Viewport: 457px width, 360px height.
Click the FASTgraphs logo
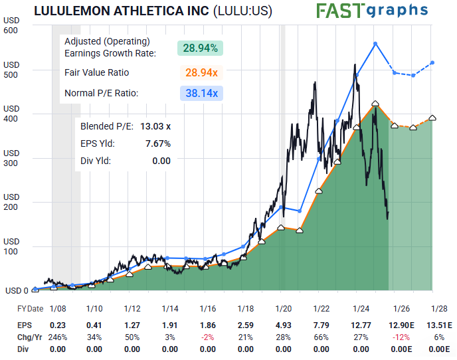pyautogui.click(x=372, y=11)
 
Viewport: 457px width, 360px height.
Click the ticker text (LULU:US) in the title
pyautogui.click(x=244, y=11)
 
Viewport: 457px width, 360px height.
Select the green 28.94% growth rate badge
pyautogui.click(x=200, y=48)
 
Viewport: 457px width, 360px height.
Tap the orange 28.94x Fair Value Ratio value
pyautogui.click(x=200, y=72)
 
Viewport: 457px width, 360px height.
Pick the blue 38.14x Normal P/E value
pyautogui.click(x=201, y=94)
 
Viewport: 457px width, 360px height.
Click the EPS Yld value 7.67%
pyautogui.click(x=158, y=143)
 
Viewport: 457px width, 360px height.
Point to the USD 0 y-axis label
pyautogui.click(x=17, y=290)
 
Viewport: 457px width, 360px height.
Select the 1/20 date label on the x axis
pyautogui.click(x=284, y=309)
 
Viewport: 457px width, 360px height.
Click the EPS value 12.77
pyautogui.click(x=360, y=325)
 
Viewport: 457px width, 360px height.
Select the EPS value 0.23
pyautogui.click(x=57, y=325)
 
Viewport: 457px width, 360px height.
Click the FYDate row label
pyautogui.click(x=30, y=309)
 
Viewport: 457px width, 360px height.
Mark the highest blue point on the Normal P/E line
pyautogui.click(x=376, y=44)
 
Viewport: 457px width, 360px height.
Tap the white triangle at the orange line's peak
pyautogui.click(x=376, y=103)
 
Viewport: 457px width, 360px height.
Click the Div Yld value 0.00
pyautogui.click(x=161, y=161)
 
